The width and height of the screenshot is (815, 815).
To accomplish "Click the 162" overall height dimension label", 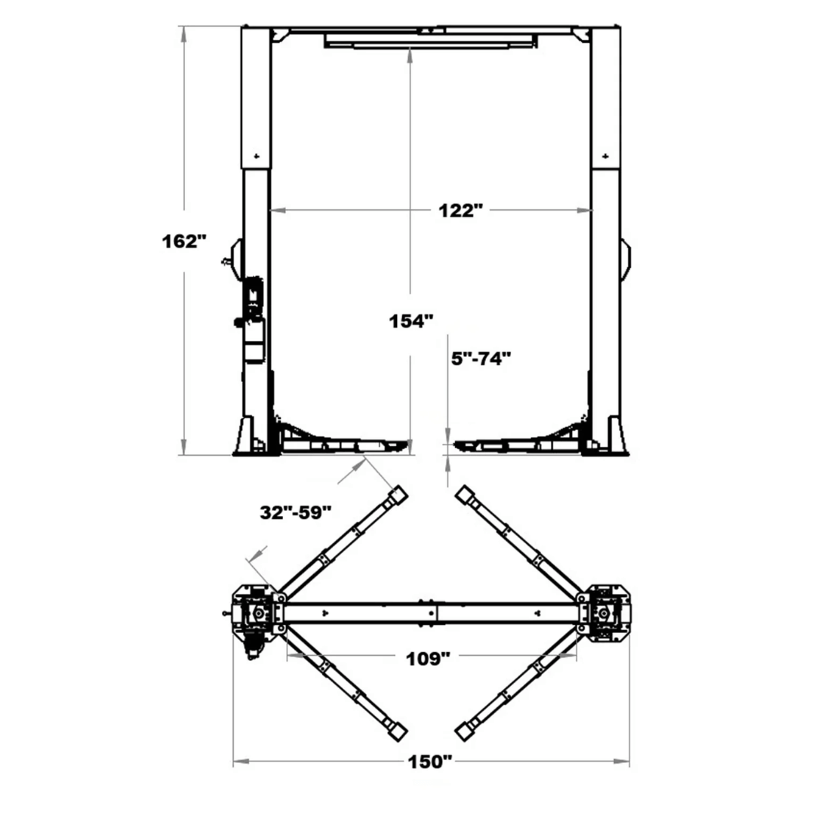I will pyautogui.click(x=184, y=242).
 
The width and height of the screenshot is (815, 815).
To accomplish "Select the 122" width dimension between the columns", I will pyautogui.click(x=460, y=211).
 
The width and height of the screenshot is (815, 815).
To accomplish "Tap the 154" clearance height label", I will pyautogui.click(x=411, y=321).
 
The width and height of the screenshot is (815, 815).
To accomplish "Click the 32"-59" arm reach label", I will pyautogui.click(x=296, y=512).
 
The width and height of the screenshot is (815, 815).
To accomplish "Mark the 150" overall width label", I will pyautogui.click(x=430, y=762).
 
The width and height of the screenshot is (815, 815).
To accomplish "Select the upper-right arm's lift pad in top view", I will pyautogui.click(x=465, y=495).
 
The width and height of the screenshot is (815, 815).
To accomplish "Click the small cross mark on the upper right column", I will pyautogui.click(x=606, y=156).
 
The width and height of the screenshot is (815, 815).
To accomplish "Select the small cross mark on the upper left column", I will pyautogui.click(x=257, y=156).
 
